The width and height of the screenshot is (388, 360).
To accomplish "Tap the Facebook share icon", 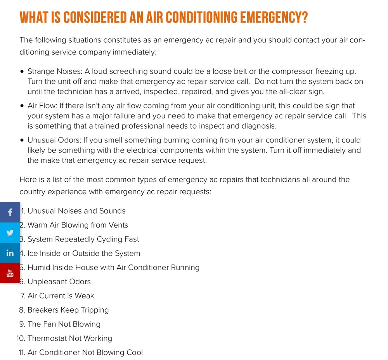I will click(x=10, y=212).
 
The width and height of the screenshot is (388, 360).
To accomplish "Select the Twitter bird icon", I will click(x=10, y=233).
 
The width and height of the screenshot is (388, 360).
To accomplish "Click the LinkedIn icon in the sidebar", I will click(x=10, y=253).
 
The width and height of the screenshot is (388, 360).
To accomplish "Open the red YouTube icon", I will click(x=10, y=273).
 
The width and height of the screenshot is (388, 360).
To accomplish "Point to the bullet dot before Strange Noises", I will click(x=22, y=72).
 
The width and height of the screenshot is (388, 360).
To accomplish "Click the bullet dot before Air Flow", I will click(x=22, y=106).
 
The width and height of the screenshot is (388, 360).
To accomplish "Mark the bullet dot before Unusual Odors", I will click(x=22, y=140).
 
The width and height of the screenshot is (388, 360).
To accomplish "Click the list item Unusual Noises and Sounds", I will click(x=76, y=211).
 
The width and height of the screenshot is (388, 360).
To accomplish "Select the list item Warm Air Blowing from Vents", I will click(x=78, y=225).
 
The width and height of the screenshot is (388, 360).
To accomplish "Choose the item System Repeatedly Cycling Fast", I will click(x=83, y=239).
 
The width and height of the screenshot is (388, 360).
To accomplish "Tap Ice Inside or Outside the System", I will click(x=84, y=254).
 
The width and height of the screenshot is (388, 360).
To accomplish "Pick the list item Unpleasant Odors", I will click(x=59, y=282).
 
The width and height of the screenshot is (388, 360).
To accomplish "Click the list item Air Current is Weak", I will click(x=61, y=296).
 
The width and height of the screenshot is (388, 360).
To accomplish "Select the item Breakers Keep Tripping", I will click(x=68, y=310).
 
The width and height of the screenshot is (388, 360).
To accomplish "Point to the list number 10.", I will click(x=21, y=339).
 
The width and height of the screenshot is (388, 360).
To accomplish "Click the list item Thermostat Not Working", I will click(x=70, y=339).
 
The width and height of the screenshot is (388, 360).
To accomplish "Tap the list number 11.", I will click(x=21, y=353).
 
